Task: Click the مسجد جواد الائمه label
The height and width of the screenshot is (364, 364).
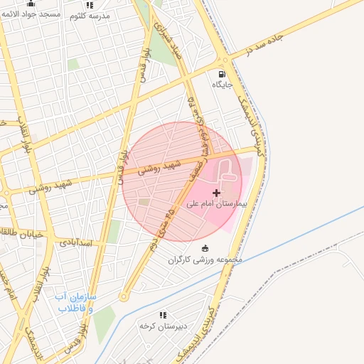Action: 30,14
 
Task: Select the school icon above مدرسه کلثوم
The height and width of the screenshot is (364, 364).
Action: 90,4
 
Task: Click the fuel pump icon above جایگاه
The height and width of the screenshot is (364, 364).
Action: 222,74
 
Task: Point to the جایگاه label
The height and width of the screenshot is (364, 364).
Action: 222,85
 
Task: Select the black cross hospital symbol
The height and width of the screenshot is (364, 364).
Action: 216,193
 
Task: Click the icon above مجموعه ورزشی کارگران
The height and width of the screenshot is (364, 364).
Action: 205,248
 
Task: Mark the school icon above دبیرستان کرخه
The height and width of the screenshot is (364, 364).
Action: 163,314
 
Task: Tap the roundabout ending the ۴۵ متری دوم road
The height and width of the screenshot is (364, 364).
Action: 124,296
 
